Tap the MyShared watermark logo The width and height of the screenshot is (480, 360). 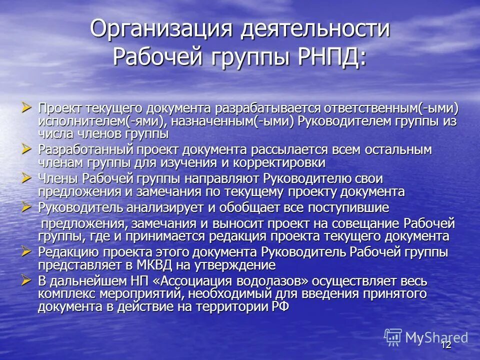coord(426,337)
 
